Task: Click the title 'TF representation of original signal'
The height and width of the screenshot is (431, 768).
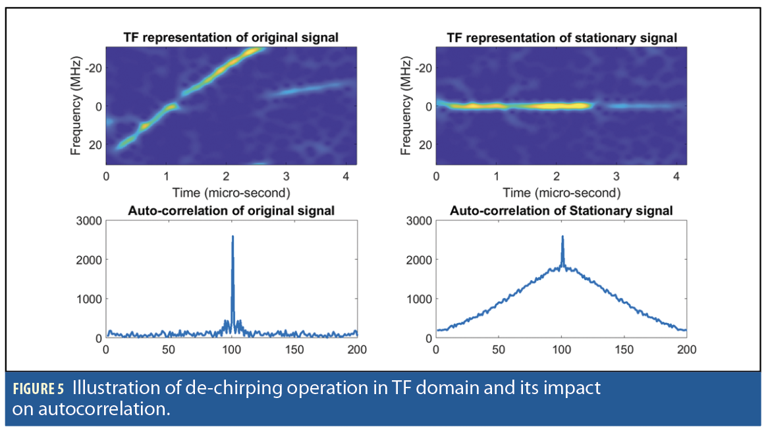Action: [231, 38]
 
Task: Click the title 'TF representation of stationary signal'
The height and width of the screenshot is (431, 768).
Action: [561, 38]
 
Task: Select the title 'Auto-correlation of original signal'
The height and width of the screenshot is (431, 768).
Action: [231, 211]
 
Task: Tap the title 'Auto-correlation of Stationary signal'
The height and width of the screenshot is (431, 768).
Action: [561, 211]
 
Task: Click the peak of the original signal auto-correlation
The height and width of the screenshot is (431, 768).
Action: [233, 236]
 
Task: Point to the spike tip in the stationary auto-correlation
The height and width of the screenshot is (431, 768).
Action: [562, 236]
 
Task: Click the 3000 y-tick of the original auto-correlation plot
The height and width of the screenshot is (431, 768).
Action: [89, 220]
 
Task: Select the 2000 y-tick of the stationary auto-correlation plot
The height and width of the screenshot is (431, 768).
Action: [419, 260]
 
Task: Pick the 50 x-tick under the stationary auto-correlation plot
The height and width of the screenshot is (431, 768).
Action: [499, 349]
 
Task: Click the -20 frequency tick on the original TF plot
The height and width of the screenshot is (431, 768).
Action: [93, 68]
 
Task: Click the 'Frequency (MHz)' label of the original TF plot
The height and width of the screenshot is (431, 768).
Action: [76, 106]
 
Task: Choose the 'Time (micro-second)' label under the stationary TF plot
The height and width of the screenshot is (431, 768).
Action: [561, 192]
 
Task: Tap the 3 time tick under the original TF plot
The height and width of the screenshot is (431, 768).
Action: [286, 177]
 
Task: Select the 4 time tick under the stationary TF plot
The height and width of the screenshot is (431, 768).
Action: [676, 177]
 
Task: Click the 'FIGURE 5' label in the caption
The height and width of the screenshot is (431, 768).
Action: [38, 389]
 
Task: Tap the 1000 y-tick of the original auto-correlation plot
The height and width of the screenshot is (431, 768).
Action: [89, 299]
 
